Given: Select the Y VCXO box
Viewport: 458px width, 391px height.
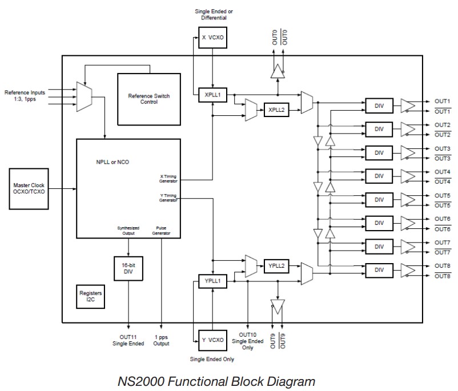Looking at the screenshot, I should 212,340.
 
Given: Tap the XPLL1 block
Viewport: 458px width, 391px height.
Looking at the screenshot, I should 212,95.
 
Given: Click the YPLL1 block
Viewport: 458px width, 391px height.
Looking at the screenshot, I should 212,280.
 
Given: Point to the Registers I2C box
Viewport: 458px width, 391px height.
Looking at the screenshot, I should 90,296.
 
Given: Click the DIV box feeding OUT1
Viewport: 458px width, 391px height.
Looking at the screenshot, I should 379,106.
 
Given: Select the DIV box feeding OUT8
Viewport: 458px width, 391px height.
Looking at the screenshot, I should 379,270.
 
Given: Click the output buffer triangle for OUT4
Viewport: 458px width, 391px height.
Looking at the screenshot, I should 408,176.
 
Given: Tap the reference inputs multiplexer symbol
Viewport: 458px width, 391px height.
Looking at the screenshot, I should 84,96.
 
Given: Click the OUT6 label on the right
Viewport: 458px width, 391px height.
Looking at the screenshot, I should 443,219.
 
